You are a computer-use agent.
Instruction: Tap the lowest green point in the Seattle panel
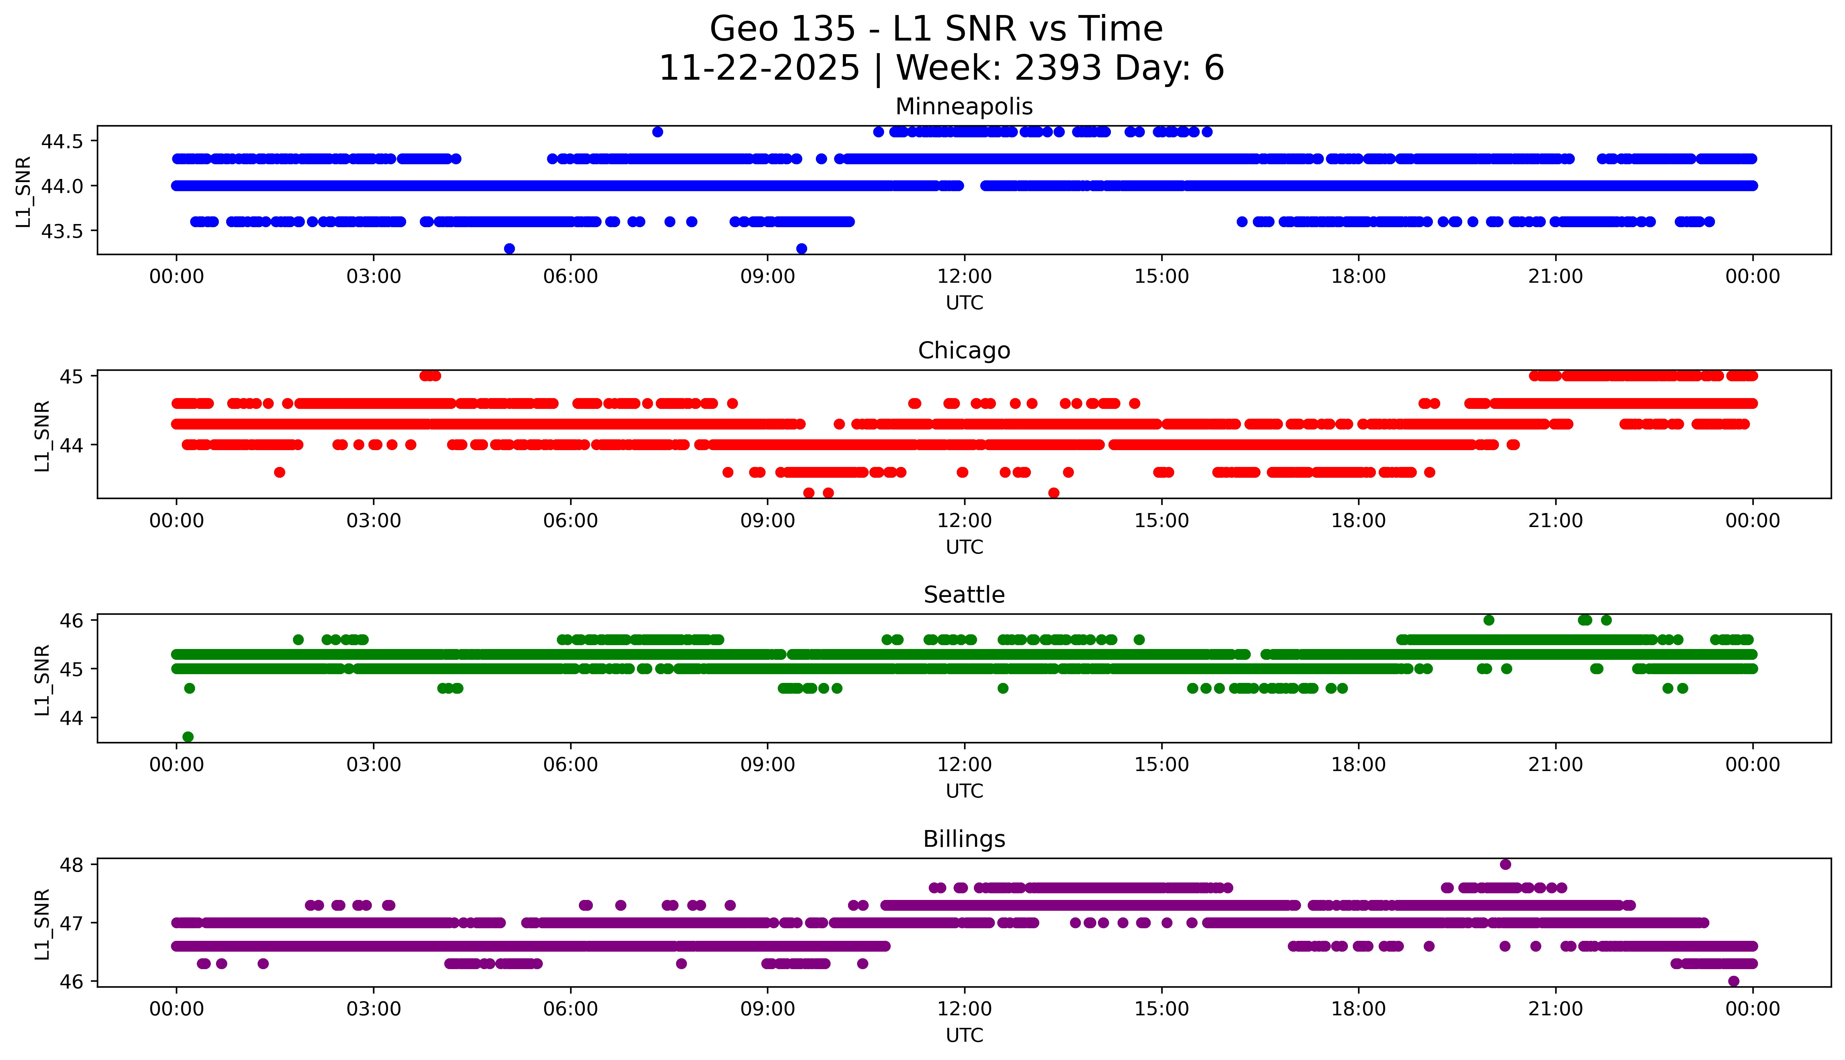click(188, 737)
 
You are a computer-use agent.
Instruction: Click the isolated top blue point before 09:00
click(658, 132)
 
